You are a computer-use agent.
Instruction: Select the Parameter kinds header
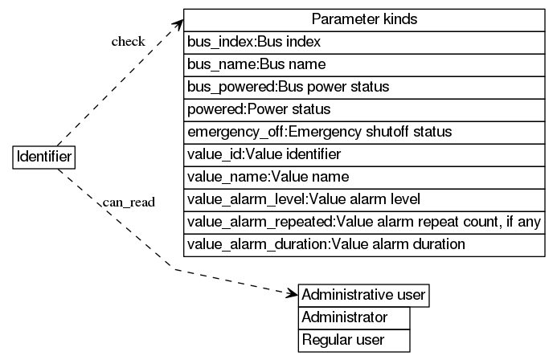tap(364, 19)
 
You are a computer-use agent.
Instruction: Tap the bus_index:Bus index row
tap(364, 41)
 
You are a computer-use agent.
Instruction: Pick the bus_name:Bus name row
tap(364, 63)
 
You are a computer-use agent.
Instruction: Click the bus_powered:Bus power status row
tap(364, 86)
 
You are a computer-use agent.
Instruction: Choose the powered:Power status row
tap(364, 108)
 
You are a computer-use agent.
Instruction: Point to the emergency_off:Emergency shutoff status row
tap(364, 131)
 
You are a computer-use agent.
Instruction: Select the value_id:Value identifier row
tap(364, 153)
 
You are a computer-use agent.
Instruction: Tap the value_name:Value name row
tap(364, 176)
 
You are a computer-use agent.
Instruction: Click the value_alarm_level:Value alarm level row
tap(364, 198)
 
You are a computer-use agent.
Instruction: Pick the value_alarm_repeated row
tap(364, 221)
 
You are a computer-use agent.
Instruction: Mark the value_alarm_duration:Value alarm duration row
tap(364, 243)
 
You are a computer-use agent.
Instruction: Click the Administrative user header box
tap(363, 295)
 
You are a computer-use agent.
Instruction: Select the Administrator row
tap(354, 317)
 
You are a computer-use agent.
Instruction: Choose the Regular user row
tap(354, 341)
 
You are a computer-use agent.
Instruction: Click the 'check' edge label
tap(128, 42)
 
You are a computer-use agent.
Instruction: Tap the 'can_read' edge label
tap(129, 202)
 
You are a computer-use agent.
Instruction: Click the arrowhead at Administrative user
tap(292, 294)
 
